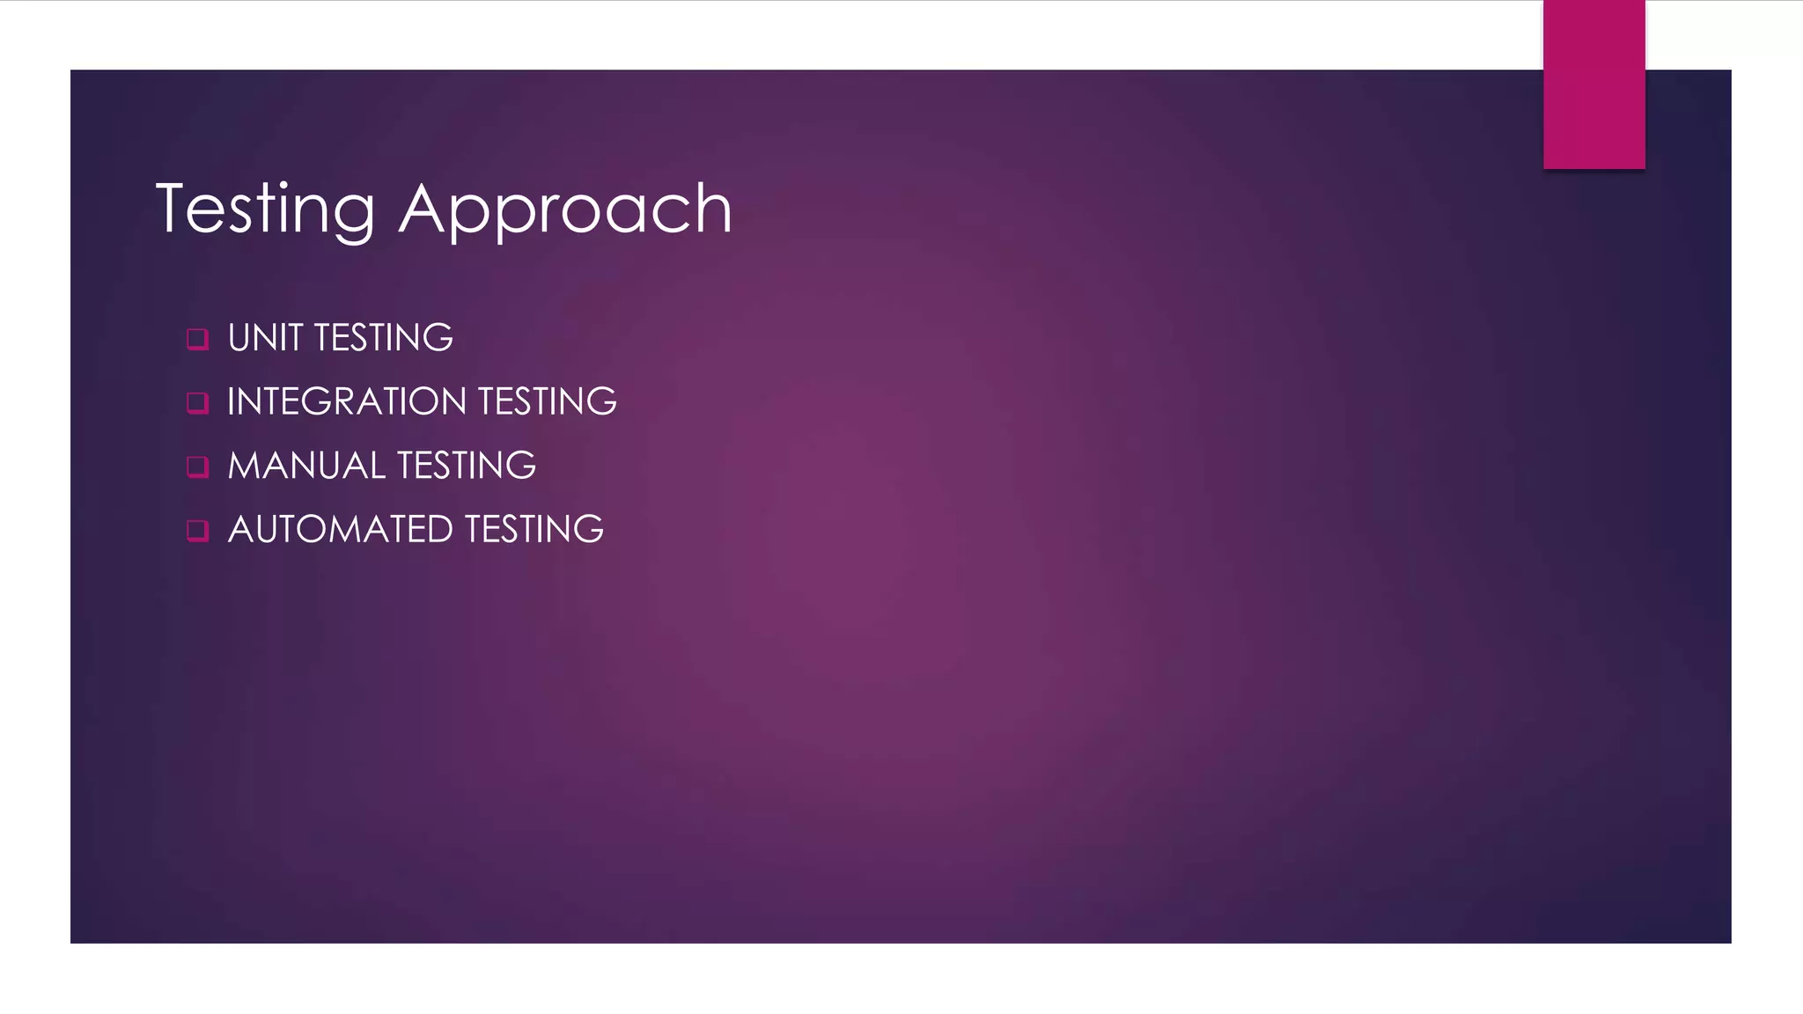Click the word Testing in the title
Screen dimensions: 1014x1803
click(265, 209)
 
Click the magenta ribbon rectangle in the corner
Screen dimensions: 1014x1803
click(1593, 84)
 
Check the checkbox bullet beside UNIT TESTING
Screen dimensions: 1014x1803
click(198, 339)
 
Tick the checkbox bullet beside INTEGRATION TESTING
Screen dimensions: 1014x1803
click(198, 403)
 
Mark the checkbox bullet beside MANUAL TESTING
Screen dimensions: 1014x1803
click(198, 467)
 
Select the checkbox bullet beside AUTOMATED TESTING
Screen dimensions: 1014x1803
click(198, 531)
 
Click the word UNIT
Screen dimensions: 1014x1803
click(265, 338)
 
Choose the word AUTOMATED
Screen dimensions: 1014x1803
click(341, 530)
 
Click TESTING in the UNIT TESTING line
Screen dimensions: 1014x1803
click(384, 338)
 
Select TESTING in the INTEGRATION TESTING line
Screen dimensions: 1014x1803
click(548, 402)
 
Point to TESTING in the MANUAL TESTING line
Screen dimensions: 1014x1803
click(467, 466)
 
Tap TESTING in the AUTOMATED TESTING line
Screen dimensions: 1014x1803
click(534, 530)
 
